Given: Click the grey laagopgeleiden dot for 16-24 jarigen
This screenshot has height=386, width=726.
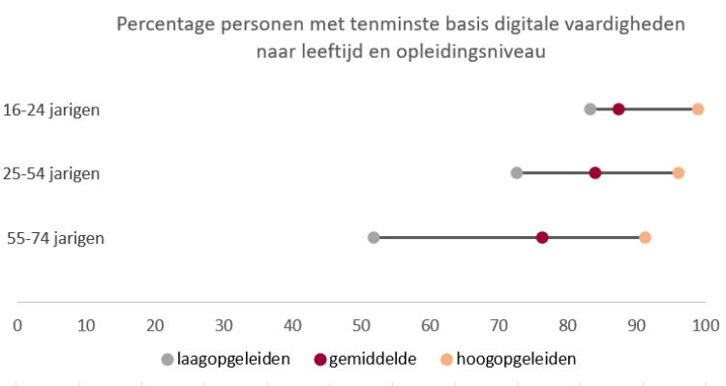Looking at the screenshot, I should tap(590, 108).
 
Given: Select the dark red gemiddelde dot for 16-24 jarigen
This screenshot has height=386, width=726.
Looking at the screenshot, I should tap(619, 108).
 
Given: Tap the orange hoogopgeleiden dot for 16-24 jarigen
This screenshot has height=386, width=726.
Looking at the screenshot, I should tap(698, 108).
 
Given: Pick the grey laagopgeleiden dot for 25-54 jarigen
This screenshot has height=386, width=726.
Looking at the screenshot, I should tap(517, 173).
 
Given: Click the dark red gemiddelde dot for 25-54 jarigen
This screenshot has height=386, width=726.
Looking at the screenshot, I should tap(595, 173).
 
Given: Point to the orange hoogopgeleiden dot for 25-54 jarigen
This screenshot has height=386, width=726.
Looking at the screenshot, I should tap(679, 173).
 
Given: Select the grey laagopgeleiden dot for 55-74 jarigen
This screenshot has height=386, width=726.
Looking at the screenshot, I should tap(374, 238).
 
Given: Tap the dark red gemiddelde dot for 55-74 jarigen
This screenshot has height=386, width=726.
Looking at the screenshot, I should tap(542, 238).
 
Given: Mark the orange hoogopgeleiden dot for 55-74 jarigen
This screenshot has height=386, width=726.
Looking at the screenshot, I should tap(646, 238).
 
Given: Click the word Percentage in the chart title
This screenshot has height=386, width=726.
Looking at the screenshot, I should tap(166, 24).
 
